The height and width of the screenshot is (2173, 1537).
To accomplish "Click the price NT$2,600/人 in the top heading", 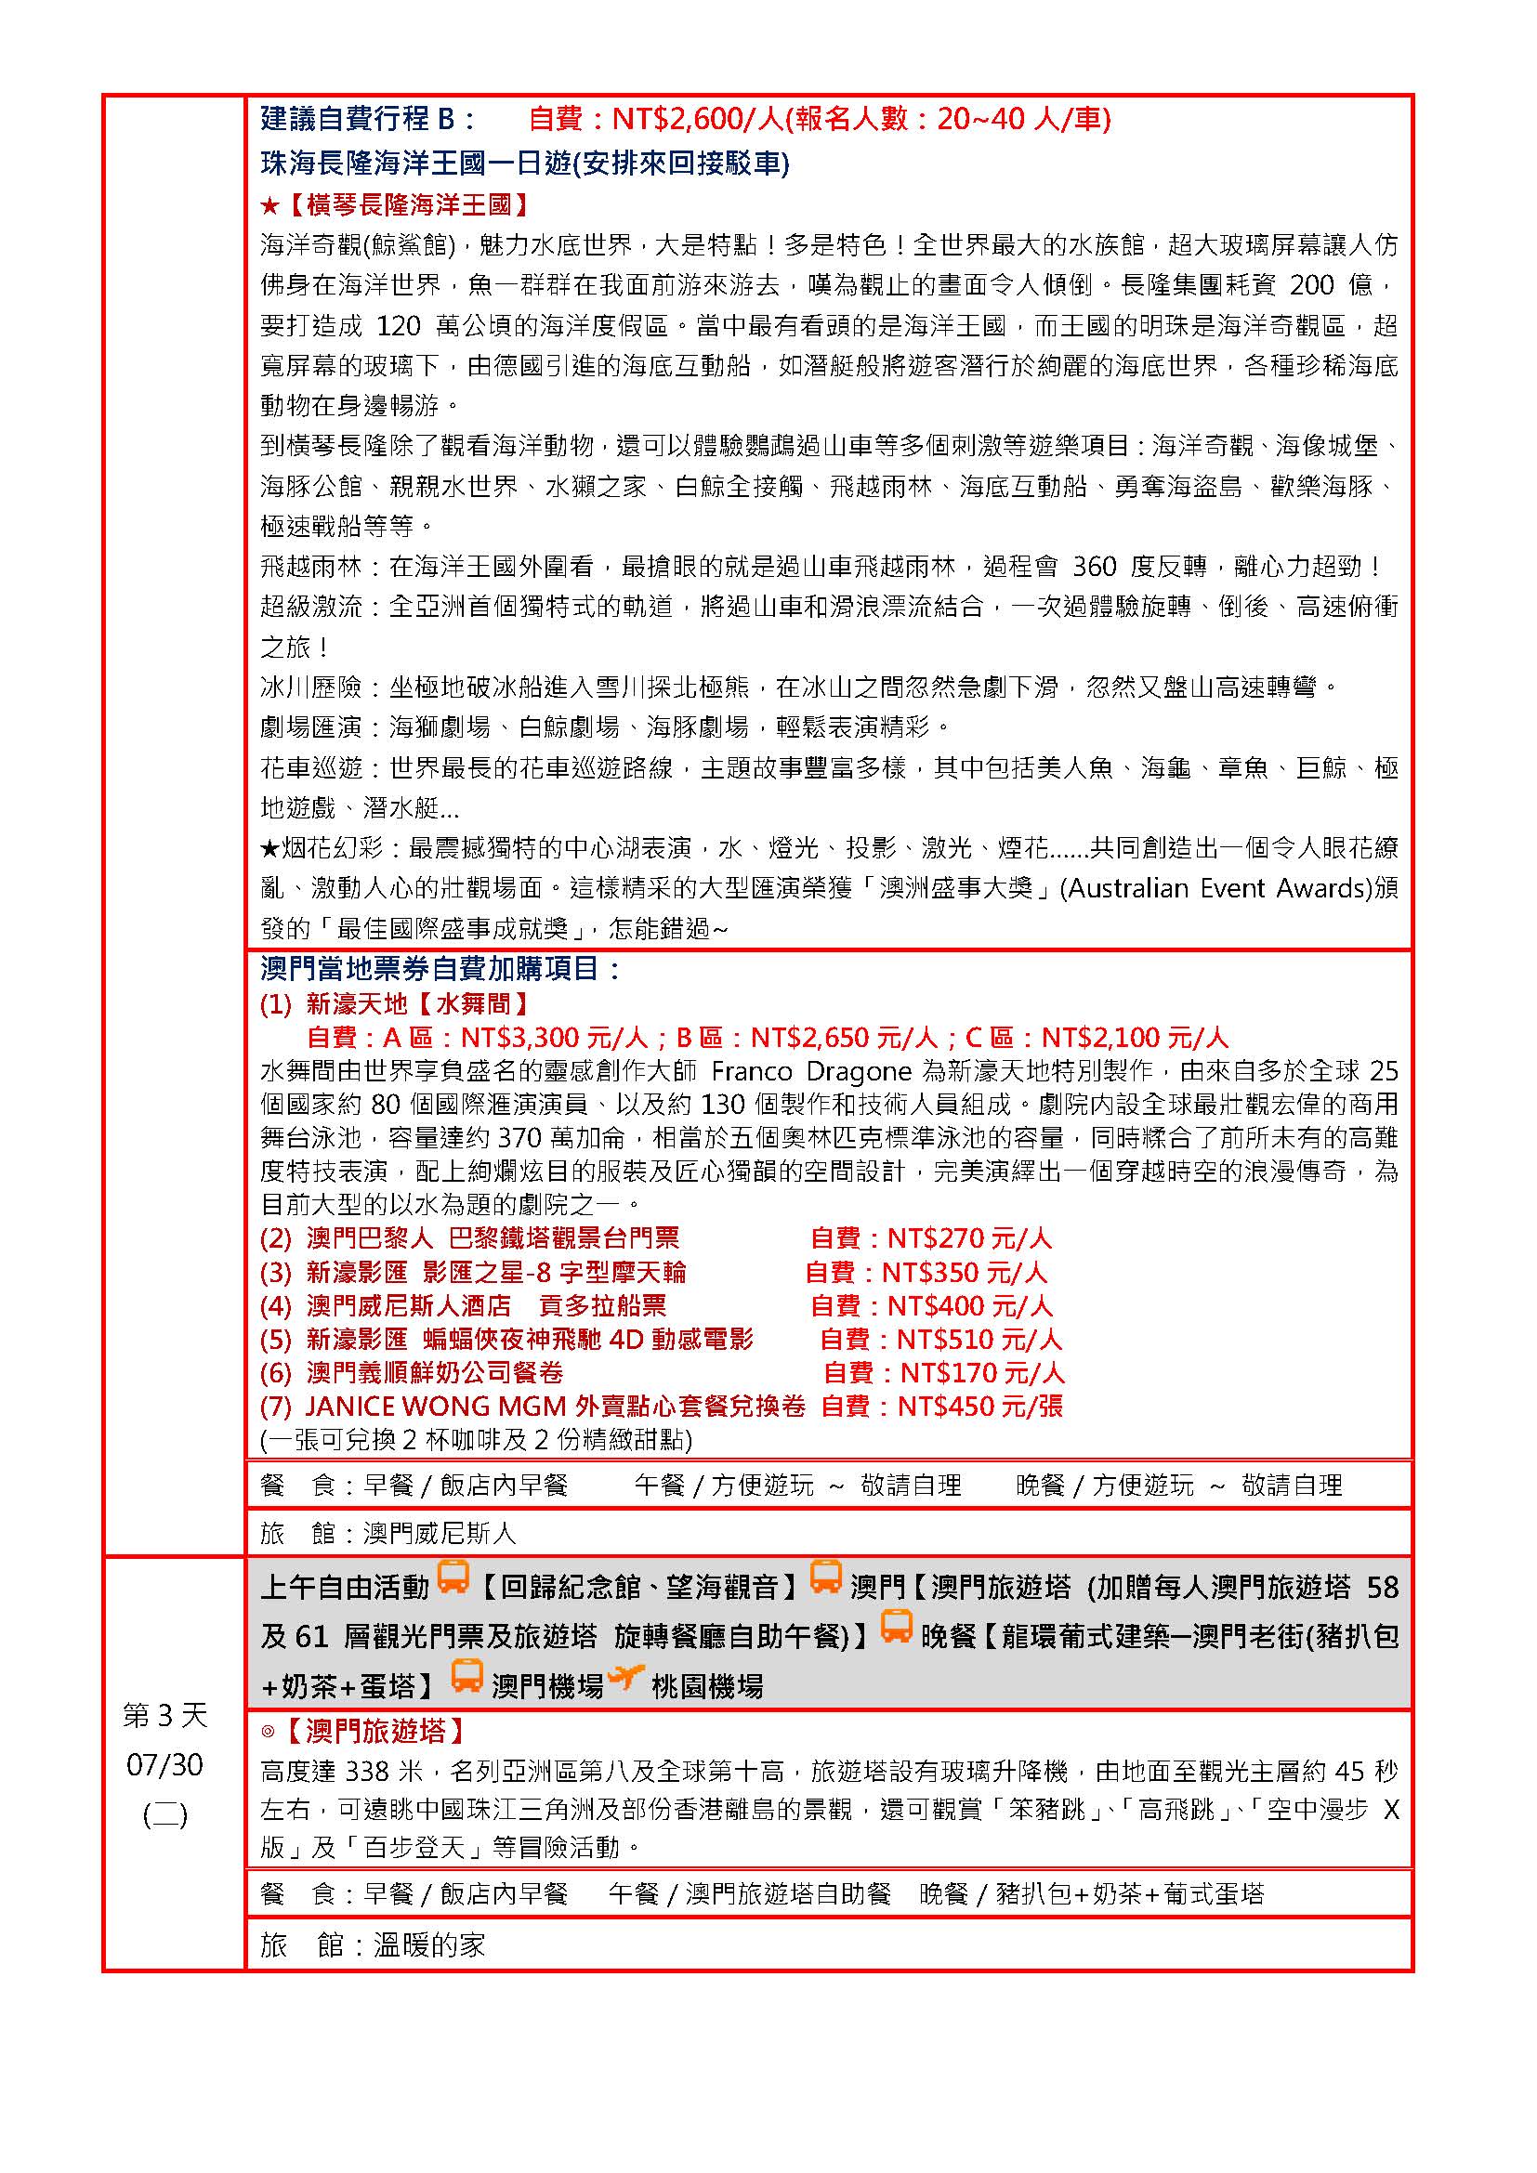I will tap(695, 118).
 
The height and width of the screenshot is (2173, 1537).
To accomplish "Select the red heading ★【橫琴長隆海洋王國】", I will tap(395, 204).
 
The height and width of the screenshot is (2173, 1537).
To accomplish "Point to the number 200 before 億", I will tap(1312, 285).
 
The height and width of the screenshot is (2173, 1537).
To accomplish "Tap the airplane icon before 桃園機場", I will tap(625, 1678).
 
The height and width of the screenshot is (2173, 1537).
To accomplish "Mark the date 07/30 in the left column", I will tap(164, 1764).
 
